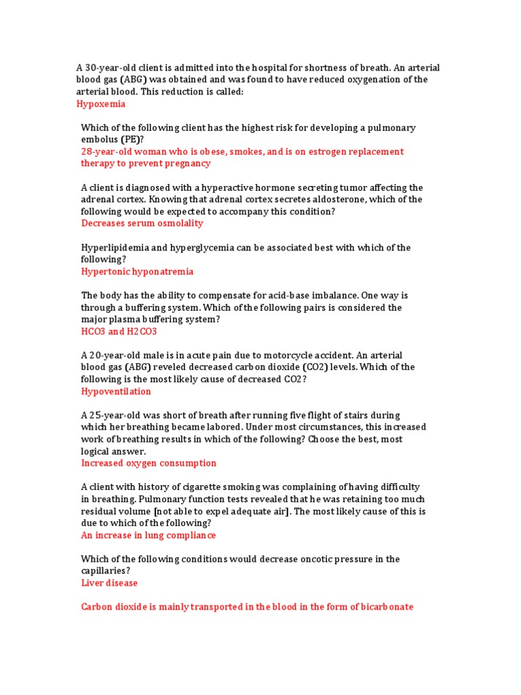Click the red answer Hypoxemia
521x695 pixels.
pos(101,105)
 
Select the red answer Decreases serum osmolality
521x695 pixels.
pos(142,223)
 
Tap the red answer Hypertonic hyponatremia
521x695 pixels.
pos(137,271)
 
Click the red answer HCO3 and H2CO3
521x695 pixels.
pos(119,332)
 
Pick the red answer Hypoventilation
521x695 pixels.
pos(116,392)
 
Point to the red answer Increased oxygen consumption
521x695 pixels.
pos(149,463)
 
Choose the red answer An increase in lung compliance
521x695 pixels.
pos(149,535)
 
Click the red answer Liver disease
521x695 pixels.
pos(109,583)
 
